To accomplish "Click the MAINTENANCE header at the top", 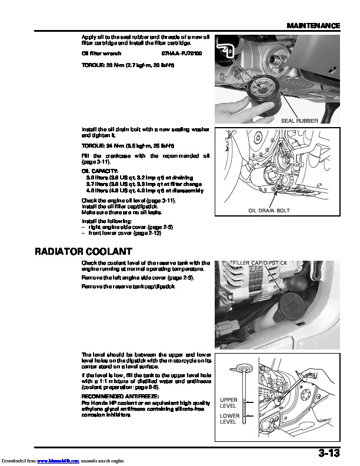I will coord(314,26).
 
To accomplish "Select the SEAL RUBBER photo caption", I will coord(299,121).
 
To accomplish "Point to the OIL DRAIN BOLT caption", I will coord(269,210).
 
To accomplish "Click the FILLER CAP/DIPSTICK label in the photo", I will coord(259,262).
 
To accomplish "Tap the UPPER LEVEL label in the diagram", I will coord(228,403).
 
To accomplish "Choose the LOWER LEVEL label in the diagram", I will coord(228,419).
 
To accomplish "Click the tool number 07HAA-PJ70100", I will coord(181,53).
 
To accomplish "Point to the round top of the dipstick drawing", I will coord(241,365).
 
